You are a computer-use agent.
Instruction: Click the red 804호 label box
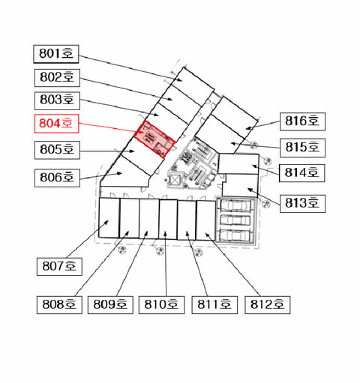coord(56,124)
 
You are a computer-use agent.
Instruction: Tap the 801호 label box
coord(56,54)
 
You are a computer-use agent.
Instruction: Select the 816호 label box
coord(302,121)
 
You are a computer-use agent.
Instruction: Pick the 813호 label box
coord(302,204)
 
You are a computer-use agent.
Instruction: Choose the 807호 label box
coord(59,267)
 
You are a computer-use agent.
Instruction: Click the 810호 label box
coord(161,305)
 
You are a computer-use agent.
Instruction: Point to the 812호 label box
coord(268,305)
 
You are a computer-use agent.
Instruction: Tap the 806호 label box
coord(57,178)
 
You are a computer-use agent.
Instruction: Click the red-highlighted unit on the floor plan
coord(154,139)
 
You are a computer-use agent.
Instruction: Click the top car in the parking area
coord(235,206)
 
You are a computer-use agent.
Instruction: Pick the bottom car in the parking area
coord(235,235)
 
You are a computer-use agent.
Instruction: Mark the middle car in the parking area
coord(235,220)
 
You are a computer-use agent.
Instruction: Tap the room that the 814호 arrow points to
coord(238,163)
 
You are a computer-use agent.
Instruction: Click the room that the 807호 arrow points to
coord(109,217)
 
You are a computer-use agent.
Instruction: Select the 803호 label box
coord(57,100)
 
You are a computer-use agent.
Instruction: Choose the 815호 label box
coord(302,148)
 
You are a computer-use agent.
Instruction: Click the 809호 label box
coord(110,305)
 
